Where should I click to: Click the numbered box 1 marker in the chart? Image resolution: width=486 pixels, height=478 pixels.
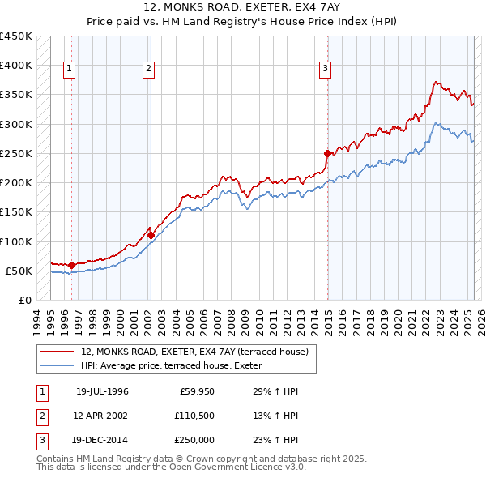click(70, 70)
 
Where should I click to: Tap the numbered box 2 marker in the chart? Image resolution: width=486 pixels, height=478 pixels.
click(149, 70)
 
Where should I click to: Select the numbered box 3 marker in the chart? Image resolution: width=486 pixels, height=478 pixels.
click(325, 70)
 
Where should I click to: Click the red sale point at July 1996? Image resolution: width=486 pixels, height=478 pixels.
click(71, 265)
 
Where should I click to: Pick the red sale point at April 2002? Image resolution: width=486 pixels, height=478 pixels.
click(151, 235)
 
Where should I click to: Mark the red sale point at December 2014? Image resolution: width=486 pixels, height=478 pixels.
click(328, 153)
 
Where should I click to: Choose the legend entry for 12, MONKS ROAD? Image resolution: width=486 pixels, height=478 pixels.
click(194, 352)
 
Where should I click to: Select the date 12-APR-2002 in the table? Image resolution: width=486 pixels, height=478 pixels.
click(103, 416)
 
